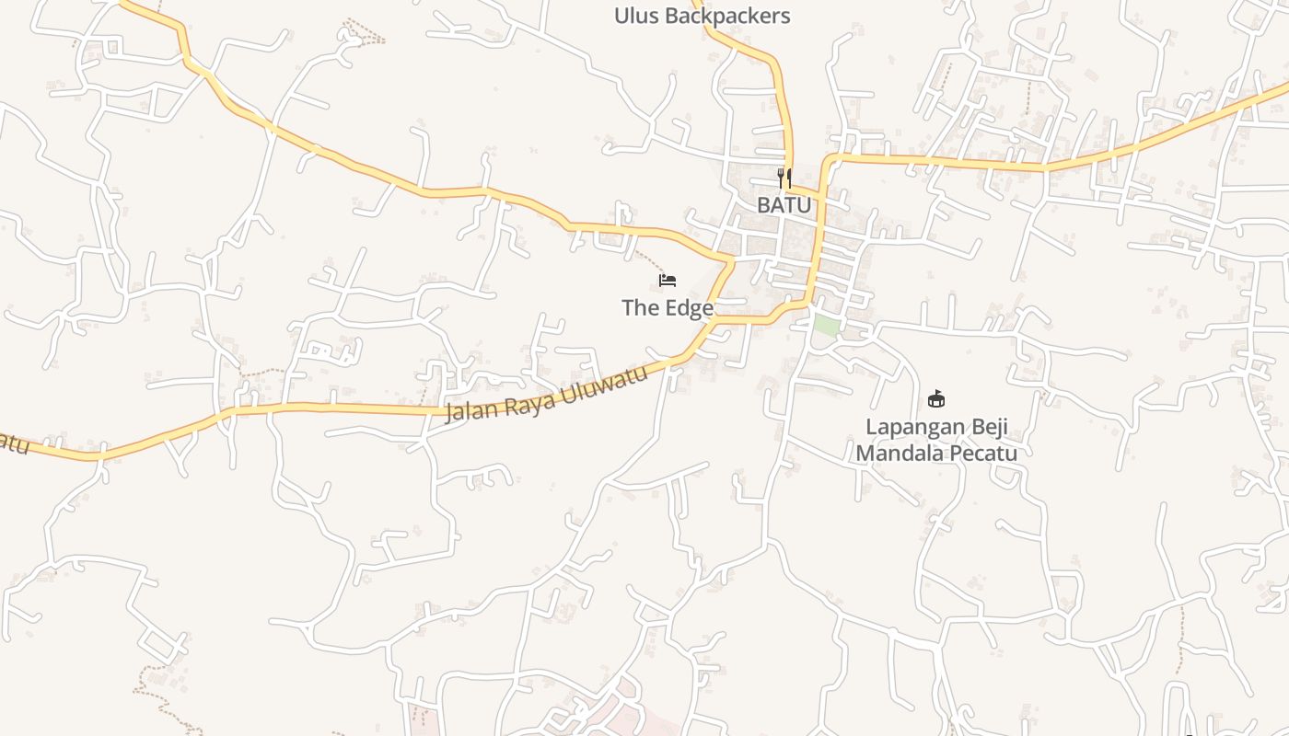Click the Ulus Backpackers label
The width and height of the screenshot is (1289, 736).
click(x=702, y=16)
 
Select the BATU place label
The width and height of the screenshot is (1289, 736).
click(x=784, y=205)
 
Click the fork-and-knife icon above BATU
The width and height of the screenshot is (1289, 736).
click(x=784, y=178)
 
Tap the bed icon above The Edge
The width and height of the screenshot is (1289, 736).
click(x=668, y=280)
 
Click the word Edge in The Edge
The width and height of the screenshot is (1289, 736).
click(x=687, y=308)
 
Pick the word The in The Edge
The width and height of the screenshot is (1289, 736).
click(x=639, y=308)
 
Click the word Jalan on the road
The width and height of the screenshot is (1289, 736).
click(x=470, y=408)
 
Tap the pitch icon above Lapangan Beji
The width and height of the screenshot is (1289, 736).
click(x=936, y=399)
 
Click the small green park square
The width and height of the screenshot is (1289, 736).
click(x=826, y=325)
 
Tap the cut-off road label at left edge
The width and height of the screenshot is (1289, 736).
click(x=13, y=443)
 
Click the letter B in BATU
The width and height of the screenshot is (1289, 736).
click(x=764, y=205)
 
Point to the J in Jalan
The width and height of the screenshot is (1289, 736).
click(x=450, y=413)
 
